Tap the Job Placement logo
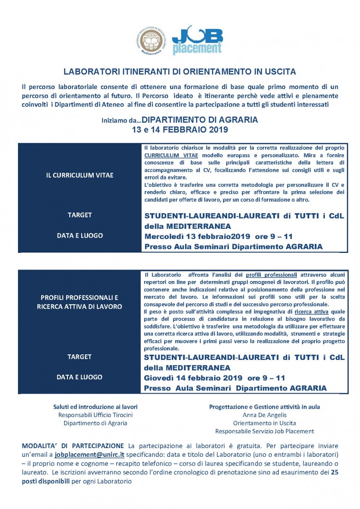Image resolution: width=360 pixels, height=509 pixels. [x=197, y=41]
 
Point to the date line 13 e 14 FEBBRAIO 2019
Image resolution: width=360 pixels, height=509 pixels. [x=180, y=130]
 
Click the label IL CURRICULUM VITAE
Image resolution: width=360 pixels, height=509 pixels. [x=80, y=175]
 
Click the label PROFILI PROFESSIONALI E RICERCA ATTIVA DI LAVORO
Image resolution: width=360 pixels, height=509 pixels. [x=79, y=302]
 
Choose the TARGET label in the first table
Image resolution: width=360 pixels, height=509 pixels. [x=79, y=215]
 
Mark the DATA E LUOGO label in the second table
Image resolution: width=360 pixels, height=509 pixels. [x=79, y=377]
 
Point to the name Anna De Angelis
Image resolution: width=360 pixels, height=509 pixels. [x=264, y=415]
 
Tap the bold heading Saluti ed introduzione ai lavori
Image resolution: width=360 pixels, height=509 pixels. [x=96, y=407]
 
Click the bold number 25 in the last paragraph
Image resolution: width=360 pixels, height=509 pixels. [x=335, y=472]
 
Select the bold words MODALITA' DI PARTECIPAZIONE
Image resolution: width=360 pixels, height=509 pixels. [x=73, y=446]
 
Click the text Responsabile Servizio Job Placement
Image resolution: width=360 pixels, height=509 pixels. [x=264, y=431]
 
